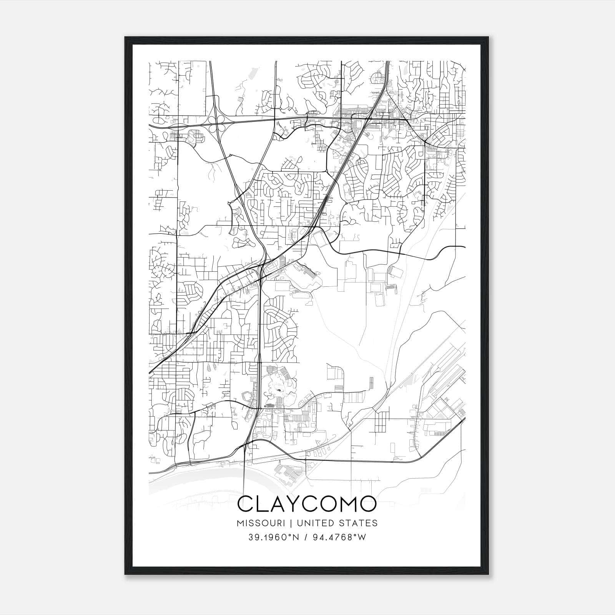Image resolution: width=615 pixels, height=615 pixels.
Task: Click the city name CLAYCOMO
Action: tap(307, 504)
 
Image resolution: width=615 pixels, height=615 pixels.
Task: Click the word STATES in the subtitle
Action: tap(358, 523)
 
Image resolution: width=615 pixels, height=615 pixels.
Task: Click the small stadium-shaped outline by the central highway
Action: tap(245, 396)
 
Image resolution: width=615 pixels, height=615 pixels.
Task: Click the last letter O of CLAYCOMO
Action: tap(367, 504)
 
